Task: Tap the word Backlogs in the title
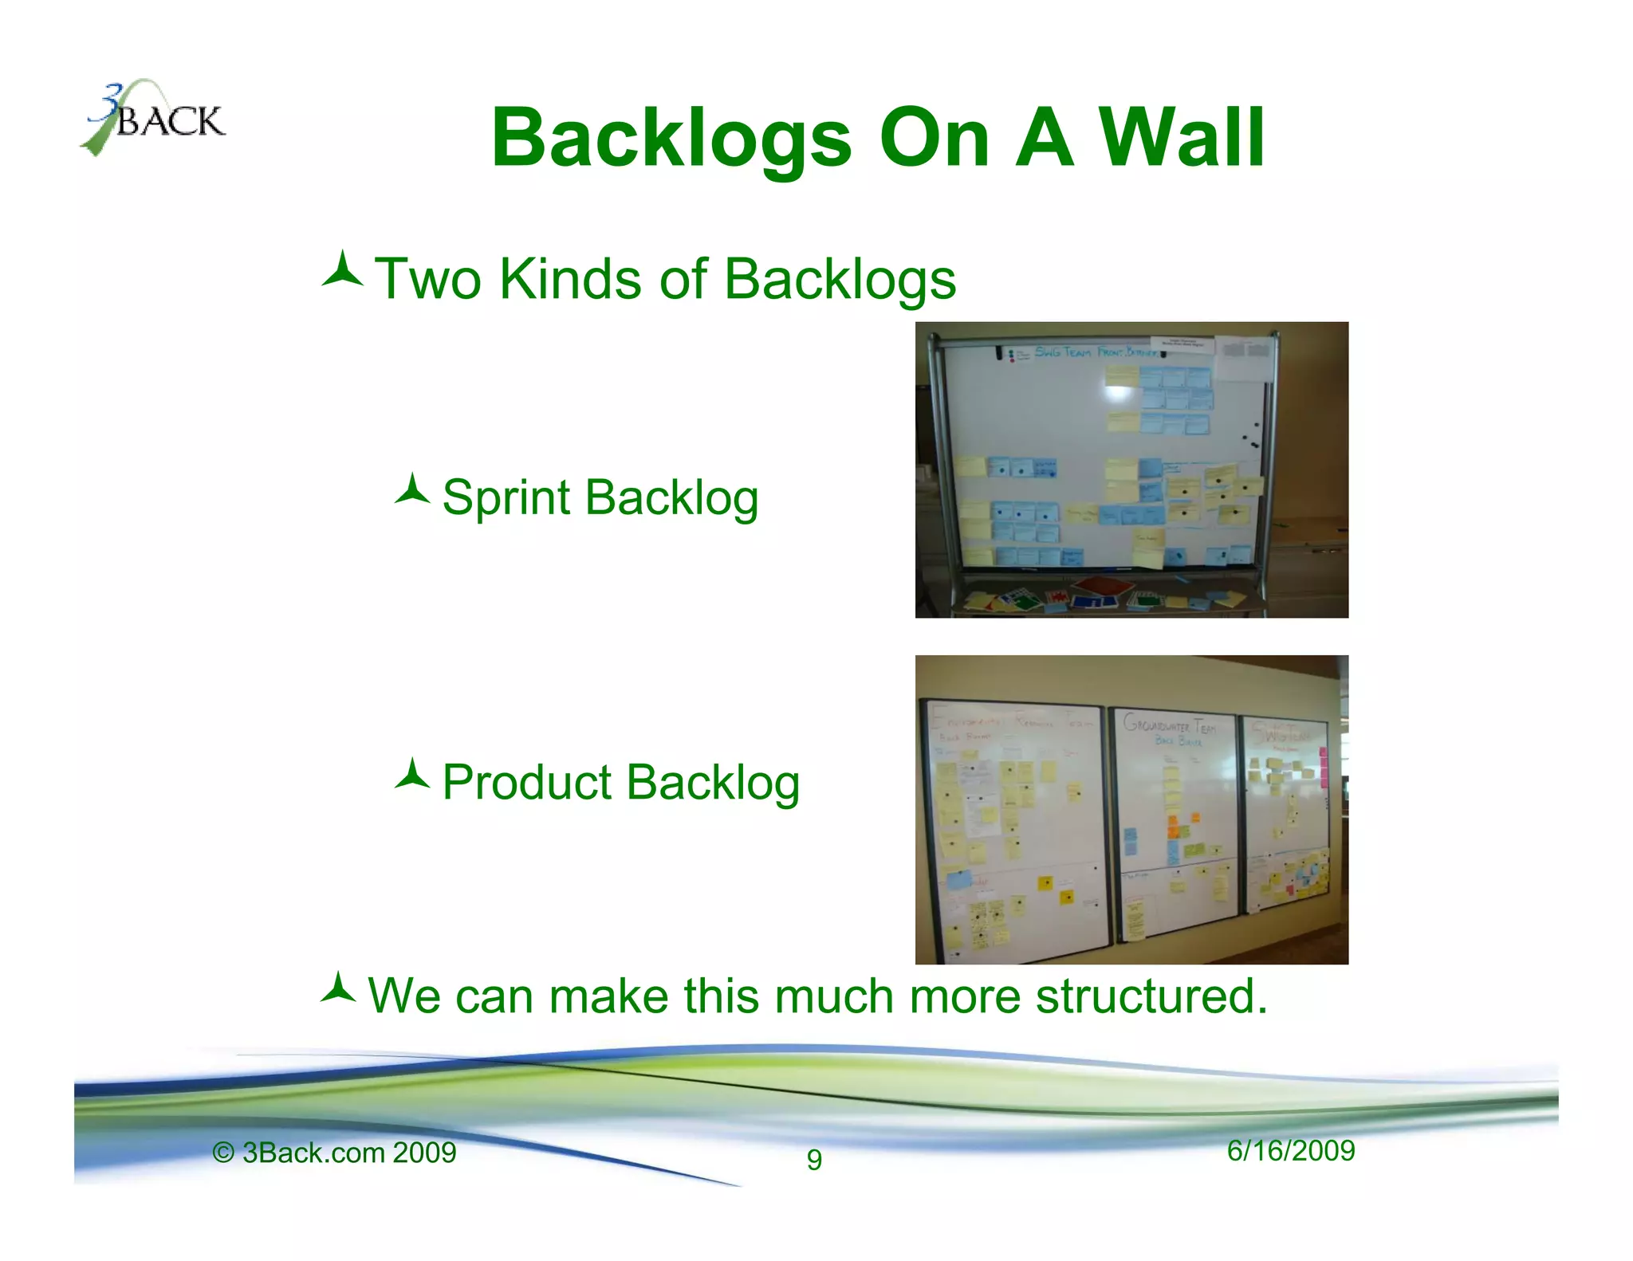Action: tap(671, 139)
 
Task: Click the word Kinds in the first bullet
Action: tap(569, 280)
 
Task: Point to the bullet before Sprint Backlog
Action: tap(412, 490)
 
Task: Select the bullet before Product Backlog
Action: tap(412, 775)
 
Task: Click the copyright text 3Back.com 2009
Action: tap(334, 1153)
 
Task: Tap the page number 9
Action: tap(813, 1158)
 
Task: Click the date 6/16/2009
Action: tap(1290, 1150)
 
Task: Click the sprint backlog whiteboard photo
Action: tap(1131, 469)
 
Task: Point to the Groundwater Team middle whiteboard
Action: tap(1174, 821)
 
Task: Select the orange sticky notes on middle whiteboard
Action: tap(1173, 827)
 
